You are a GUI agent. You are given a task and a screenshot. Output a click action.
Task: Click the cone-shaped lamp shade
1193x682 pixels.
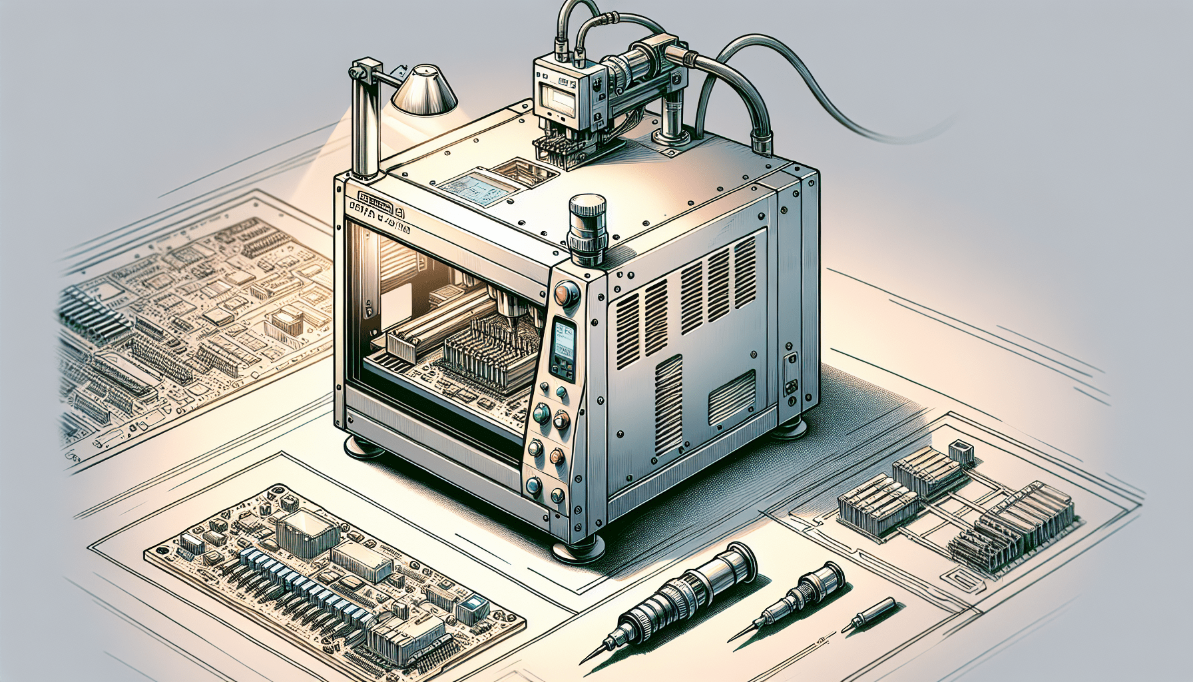pos(424,92)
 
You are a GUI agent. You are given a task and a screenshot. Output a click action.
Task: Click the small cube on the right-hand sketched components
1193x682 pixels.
pos(961,452)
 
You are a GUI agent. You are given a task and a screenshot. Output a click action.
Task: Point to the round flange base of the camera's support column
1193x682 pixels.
pos(673,138)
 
